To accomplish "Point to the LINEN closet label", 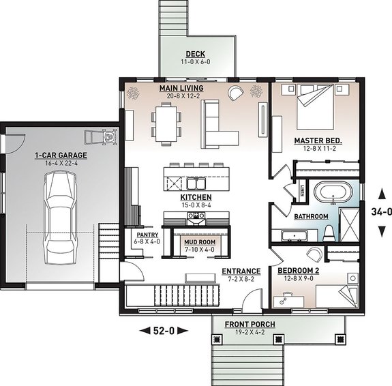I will click(303, 189).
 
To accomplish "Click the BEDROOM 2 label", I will click(299, 270).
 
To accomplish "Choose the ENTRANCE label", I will click(241, 271).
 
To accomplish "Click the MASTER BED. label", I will click(318, 140).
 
